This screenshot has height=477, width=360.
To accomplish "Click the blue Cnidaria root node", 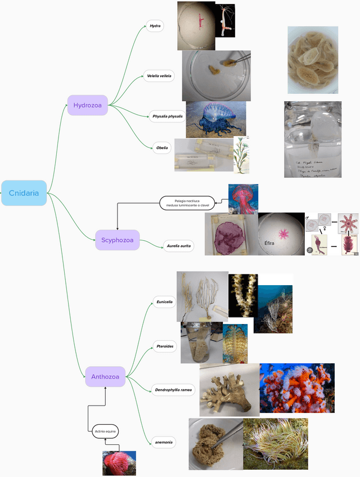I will [24, 193].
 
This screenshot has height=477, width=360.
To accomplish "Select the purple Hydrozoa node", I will [87, 105].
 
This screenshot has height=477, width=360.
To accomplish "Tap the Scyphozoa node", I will [117, 240].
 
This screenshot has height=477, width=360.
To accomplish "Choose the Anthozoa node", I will [105, 377].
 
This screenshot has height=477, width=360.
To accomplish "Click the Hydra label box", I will [155, 26].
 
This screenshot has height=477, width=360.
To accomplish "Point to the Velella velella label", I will [159, 75].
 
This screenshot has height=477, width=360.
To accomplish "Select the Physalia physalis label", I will [168, 116].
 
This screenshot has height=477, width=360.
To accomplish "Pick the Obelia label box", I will [162, 148].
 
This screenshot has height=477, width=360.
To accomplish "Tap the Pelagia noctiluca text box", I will [187, 202].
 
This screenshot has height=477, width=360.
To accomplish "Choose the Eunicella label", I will [164, 302].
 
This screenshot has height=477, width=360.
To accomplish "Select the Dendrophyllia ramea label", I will [173, 389].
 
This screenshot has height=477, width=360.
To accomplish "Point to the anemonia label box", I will [164, 442].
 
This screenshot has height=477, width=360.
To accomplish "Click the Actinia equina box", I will [105, 431].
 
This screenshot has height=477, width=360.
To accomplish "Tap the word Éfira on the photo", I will [270, 243].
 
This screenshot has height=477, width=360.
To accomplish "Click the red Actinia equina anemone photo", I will [119, 463].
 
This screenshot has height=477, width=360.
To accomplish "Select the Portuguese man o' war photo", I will [216, 119].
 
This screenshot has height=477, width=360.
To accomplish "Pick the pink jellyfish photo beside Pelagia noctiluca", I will [243, 199].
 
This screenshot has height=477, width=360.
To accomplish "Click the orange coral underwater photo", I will [297, 388].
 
